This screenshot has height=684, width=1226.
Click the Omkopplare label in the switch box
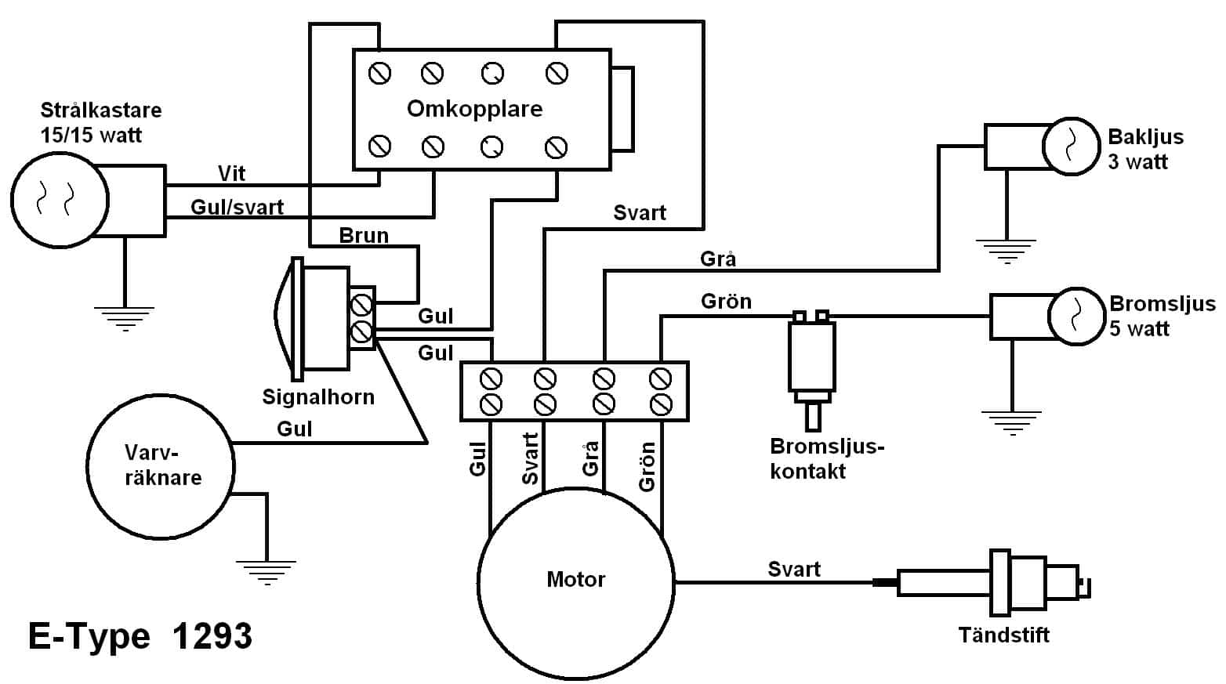point(474,109)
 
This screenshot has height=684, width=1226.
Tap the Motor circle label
point(575,580)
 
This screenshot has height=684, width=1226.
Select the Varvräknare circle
point(161,467)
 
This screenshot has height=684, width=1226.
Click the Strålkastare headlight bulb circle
point(60,199)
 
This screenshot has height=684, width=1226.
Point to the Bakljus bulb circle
point(1071,146)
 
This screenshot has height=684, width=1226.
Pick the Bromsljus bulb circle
point(1076,316)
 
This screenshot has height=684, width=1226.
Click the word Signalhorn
point(317,397)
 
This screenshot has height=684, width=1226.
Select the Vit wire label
point(231,173)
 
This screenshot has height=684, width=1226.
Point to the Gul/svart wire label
point(237,208)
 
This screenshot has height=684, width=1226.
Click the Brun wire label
point(364,235)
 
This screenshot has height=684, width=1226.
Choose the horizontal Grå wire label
point(718,259)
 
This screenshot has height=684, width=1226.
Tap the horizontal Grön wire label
point(726,302)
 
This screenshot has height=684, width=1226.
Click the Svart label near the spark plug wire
point(793,570)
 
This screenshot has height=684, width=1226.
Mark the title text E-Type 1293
point(140,636)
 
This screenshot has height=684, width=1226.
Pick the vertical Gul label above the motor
point(477,458)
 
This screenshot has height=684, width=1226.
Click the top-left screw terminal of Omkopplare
point(380,74)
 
